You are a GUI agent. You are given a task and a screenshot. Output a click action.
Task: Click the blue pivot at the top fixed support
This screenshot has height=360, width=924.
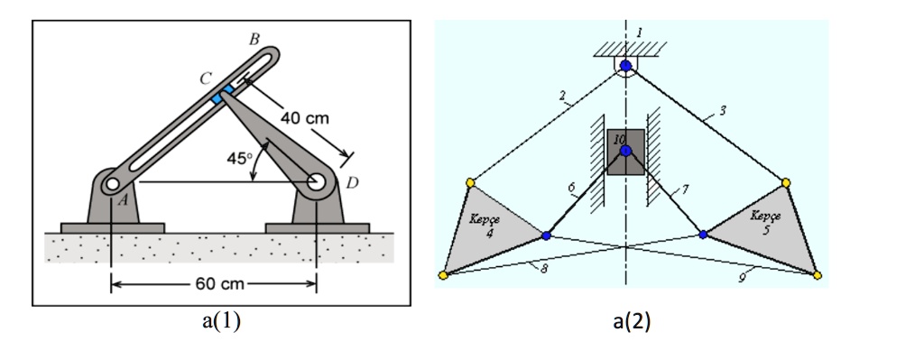click(x=626, y=66)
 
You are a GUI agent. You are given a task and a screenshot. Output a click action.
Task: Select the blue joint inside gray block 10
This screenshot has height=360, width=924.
click(x=625, y=151)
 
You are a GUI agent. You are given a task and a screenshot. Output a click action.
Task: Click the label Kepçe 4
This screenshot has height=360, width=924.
click(x=485, y=225)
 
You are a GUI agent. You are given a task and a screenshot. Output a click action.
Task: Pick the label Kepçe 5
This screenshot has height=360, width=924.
click(x=765, y=222)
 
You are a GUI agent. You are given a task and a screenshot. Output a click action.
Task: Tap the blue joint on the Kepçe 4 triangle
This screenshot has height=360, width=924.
click(x=546, y=235)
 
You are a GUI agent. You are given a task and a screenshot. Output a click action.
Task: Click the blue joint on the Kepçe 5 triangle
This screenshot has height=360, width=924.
click(x=703, y=235)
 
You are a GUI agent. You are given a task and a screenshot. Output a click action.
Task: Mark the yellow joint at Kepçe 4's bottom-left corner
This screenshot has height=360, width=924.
click(x=443, y=275)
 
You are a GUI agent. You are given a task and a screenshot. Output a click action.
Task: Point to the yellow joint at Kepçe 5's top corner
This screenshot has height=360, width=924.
click(x=786, y=182)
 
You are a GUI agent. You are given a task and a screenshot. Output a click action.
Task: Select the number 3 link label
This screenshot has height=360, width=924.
click(x=723, y=110)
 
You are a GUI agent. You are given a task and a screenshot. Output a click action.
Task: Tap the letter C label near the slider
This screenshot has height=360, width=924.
click(x=207, y=78)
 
